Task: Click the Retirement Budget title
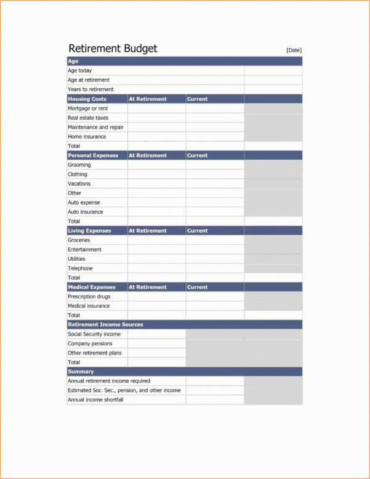113,49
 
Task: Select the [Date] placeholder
294,51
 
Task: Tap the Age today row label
80,71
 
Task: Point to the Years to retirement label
90,89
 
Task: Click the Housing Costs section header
87,99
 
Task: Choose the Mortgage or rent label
89,108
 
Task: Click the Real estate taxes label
88,118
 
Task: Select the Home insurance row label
87,137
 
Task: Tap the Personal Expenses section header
93,155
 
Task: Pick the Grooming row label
79,165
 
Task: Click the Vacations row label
79,184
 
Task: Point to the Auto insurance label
86,212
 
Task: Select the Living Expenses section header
89,231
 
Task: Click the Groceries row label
79,240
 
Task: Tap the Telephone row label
80,269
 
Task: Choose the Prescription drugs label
89,297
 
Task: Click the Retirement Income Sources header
105,324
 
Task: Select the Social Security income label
94,334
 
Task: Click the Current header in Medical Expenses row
198,287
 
